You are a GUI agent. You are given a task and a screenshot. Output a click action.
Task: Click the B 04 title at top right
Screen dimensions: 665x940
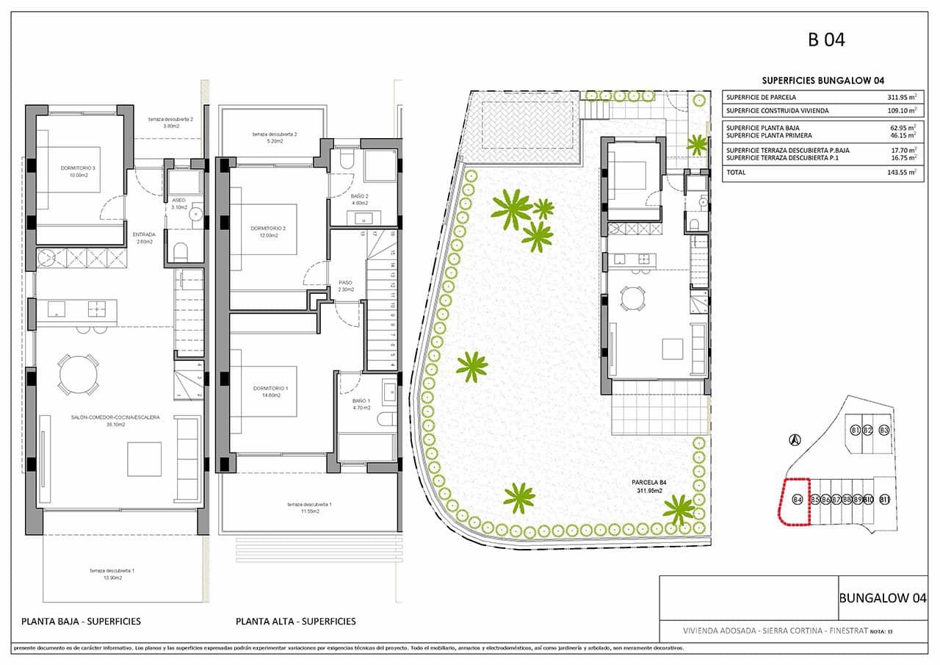826,40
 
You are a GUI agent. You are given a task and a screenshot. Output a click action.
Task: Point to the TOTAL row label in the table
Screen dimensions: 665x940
736,172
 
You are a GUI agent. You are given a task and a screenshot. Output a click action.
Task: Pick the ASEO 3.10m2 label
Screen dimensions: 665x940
179,204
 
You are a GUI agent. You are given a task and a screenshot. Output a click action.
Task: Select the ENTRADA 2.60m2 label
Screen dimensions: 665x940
144,238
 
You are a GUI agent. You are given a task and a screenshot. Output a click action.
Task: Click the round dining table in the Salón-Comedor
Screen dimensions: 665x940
78,375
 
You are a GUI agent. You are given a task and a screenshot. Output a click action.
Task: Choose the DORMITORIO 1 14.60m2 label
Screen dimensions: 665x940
271,391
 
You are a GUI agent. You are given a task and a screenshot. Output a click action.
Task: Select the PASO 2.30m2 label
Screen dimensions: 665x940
345,285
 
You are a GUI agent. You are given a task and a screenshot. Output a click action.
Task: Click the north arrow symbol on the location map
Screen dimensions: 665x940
794,440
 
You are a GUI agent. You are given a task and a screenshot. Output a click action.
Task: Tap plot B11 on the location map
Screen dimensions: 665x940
884,500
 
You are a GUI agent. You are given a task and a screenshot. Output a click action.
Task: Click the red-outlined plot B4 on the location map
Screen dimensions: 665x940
795,501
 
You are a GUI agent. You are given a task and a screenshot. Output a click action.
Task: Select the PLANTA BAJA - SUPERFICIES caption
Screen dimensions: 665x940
81,621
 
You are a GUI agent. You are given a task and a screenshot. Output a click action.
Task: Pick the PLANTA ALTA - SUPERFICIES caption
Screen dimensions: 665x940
295,621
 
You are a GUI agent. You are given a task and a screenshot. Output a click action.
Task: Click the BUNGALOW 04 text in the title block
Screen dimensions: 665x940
883,597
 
